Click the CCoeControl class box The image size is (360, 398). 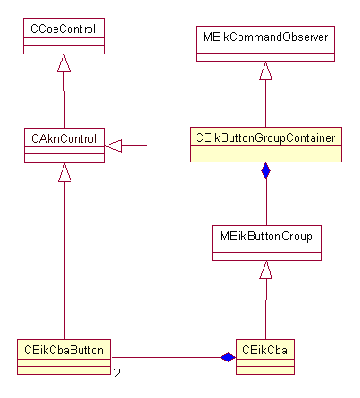(63, 37)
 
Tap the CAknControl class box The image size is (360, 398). (63, 145)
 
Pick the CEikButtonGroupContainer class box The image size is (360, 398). (266, 145)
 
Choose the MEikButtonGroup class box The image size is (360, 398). (266, 242)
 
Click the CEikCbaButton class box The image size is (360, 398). (63, 353)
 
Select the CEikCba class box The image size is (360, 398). (265, 354)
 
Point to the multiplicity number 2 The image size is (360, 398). (117, 373)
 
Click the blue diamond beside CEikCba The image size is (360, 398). (228, 357)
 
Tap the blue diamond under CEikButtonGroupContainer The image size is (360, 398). (265, 170)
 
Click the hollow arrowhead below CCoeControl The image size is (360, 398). (63, 62)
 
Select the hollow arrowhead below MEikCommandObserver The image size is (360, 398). (265, 71)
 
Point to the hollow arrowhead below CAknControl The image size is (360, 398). (63, 173)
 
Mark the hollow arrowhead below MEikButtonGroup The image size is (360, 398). (265, 269)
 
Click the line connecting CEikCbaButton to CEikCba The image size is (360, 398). (165, 357)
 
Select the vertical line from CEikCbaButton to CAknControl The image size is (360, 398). (63, 259)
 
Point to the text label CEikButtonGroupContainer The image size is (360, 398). (266, 137)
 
